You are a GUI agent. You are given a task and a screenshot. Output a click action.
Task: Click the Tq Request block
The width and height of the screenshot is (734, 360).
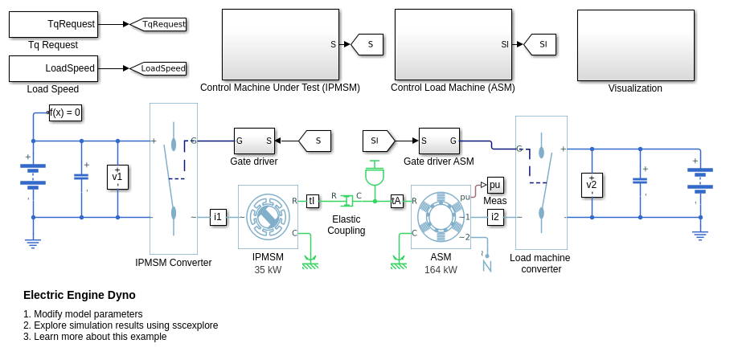coord(53,24)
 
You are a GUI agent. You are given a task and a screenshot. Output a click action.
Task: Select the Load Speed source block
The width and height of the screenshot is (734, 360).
coord(53,68)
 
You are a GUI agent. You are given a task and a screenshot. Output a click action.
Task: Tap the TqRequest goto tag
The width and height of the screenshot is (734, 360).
coord(159,24)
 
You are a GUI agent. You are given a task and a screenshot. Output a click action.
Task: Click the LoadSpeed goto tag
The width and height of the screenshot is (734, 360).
coord(159,68)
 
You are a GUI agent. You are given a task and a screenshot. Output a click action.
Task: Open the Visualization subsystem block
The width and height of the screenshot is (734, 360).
coord(635,45)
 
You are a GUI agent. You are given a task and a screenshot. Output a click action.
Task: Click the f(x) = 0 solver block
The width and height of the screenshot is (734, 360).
coord(66,112)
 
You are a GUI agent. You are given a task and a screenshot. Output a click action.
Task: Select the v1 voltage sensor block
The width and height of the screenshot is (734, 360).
coord(117,177)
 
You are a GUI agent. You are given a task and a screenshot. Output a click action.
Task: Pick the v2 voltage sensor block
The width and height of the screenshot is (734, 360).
coord(592,185)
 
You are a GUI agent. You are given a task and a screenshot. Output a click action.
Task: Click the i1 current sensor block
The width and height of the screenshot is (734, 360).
coord(218,216)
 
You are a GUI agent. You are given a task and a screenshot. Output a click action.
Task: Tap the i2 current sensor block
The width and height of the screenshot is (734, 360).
coord(495,216)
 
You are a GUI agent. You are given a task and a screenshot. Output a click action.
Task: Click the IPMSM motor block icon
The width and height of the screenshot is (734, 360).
coord(268,216)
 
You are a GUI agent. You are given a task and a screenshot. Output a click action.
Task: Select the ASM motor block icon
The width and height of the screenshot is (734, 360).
coord(441,216)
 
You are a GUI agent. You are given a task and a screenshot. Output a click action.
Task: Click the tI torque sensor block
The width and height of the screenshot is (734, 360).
coord(313,201)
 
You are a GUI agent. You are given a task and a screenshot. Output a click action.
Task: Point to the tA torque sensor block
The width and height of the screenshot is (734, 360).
coord(396,201)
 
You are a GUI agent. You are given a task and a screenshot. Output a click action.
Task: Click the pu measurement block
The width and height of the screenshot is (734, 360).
coord(495,184)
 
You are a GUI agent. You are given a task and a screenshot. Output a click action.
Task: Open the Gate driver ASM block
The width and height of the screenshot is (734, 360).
coord(439,141)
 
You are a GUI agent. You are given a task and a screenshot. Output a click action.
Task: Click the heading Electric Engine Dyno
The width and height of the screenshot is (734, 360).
coord(80,295)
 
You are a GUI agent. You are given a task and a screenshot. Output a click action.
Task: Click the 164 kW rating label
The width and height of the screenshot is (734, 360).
coord(441,270)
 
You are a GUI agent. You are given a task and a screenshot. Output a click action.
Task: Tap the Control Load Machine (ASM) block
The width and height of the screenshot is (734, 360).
coord(453,45)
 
